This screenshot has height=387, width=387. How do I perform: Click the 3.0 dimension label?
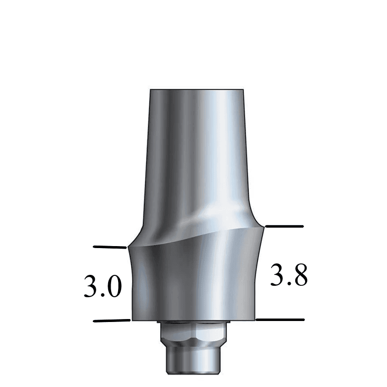click(103, 287)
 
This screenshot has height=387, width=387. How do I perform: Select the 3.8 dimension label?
click(289, 275)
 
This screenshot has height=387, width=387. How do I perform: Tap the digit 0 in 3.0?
click(114, 287)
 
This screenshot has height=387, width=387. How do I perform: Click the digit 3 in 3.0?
click(91, 287)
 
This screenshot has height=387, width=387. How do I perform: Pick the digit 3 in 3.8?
click(277, 275)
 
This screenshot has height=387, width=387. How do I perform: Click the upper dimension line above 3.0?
click(110, 247)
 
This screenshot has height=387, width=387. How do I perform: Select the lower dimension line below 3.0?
click(112, 321)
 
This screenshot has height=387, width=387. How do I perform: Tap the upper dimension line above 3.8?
click(284, 226)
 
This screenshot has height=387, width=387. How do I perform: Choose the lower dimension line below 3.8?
click(280, 320)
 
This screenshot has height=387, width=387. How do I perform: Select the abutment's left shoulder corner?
click(129, 247)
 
